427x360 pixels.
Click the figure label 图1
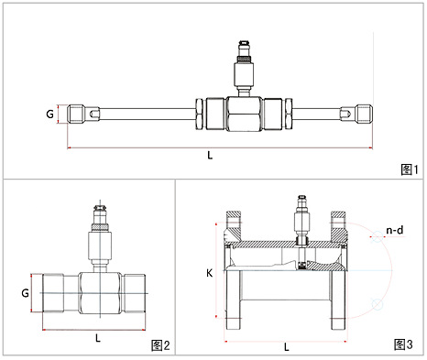coord(410,169)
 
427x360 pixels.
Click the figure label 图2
coord(160,345)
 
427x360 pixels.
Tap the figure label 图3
coord(403,344)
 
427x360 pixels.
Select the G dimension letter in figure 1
coord(49,115)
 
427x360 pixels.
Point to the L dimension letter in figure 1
coord(210,156)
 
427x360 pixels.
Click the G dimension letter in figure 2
coord(25,293)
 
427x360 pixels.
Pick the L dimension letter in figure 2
coord(98,338)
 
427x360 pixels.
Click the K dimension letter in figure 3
coord(209,273)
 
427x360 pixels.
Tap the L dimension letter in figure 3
coord(287,347)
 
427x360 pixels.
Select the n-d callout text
coord(395,230)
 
